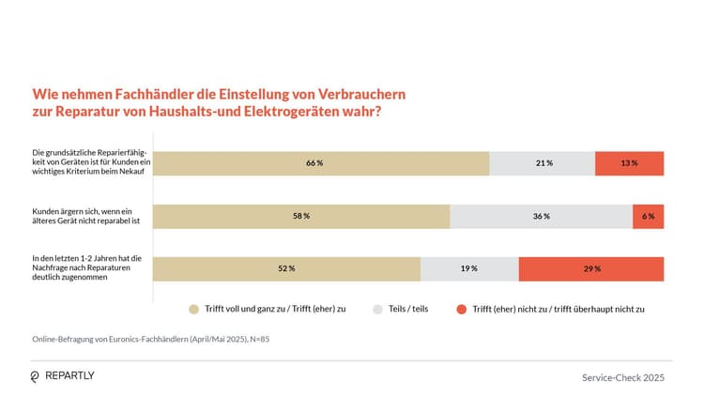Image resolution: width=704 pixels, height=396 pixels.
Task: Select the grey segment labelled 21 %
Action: click(542, 163)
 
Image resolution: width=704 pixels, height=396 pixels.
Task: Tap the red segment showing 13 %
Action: click(629, 163)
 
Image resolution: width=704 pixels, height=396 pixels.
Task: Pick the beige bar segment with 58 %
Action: click(301, 216)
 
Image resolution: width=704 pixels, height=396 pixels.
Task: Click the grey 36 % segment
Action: click(541, 216)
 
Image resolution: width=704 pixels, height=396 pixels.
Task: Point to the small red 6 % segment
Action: click(648, 216)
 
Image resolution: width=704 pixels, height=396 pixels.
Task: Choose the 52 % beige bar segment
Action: click(286, 268)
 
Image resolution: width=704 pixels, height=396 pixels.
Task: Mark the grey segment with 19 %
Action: click(468, 268)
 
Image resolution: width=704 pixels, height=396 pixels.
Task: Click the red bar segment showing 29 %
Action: click(590, 268)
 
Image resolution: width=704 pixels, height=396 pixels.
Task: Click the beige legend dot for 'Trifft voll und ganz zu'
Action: click(194, 308)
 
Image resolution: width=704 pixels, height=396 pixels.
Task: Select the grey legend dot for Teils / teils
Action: click(378, 308)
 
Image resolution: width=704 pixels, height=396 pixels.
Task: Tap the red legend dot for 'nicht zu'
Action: click(460, 308)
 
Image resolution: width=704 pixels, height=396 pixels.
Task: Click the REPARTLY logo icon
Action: click(36, 375)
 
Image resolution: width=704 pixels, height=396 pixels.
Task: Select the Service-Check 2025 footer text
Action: click(622, 376)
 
